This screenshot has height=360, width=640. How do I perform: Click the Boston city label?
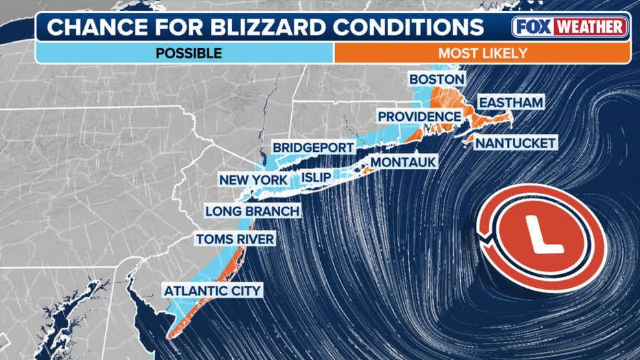pyautogui.click(x=437, y=79)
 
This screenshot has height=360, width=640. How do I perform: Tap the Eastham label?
pyautogui.click(x=511, y=102)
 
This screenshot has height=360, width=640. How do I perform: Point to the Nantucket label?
pyautogui.click(x=514, y=143)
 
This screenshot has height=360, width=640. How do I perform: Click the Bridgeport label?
pyautogui.click(x=313, y=147)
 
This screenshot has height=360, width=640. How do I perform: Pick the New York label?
pyautogui.click(x=253, y=180)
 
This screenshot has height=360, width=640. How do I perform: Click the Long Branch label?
pyautogui.click(x=252, y=211)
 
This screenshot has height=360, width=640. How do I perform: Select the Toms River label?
pyautogui.click(x=235, y=239)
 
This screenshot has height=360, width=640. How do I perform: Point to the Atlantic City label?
pyautogui.click(x=212, y=291)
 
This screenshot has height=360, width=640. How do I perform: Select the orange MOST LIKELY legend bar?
pyautogui.click(x=481, y=53)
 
